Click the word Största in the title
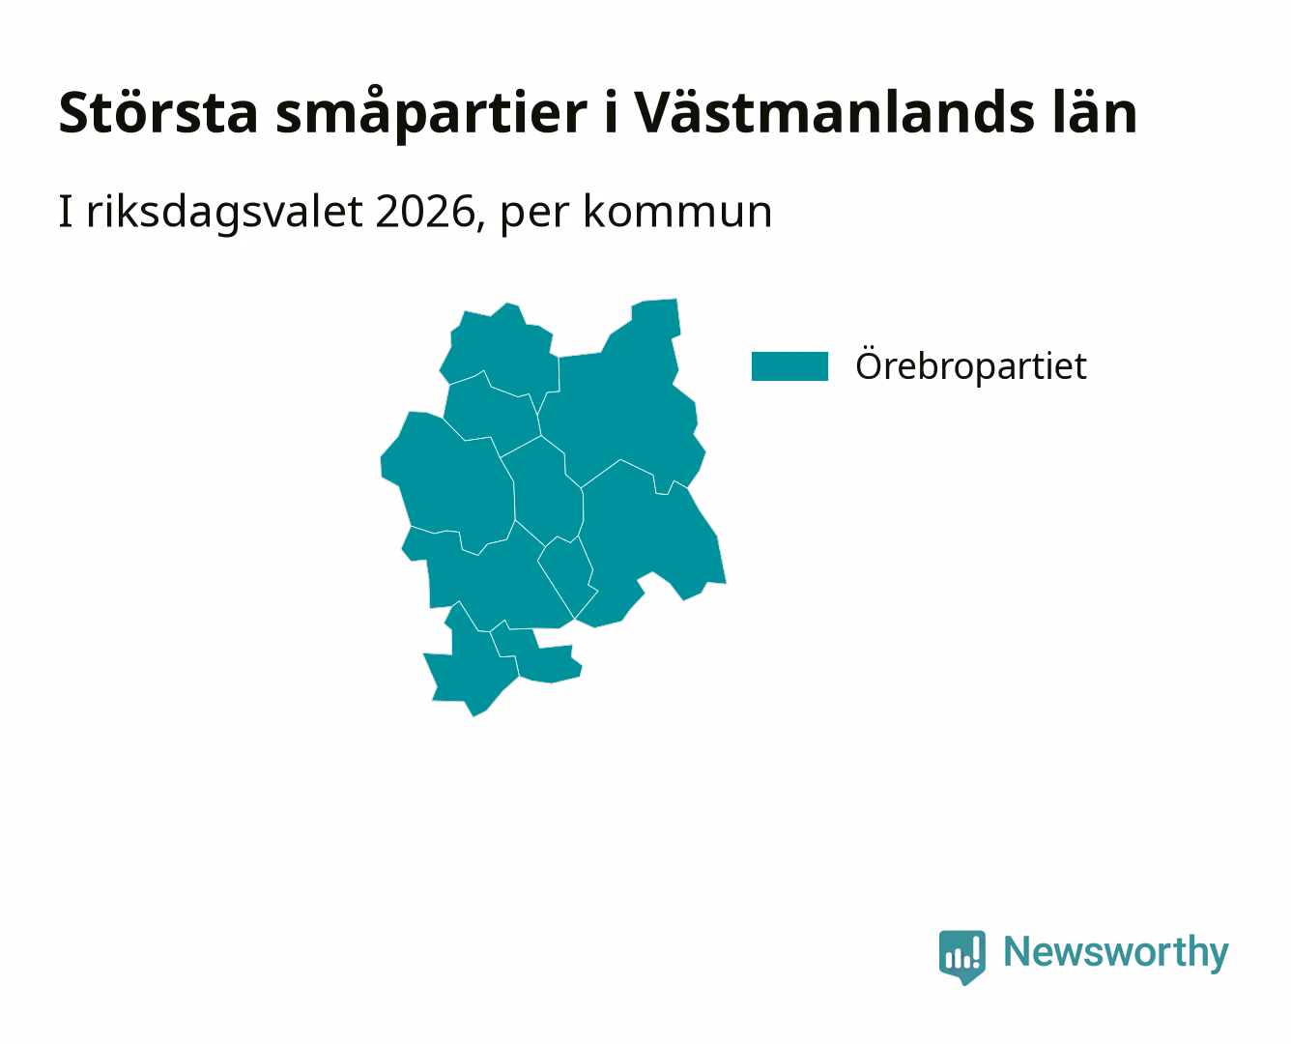(158, 113)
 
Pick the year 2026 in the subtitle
(425, 212)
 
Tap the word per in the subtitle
(534, 216)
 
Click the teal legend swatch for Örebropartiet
(789, 366)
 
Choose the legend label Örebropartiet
(971, 364)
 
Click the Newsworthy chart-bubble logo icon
(961, 957)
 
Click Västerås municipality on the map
(648, 539)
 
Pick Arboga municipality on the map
(473, 667)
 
